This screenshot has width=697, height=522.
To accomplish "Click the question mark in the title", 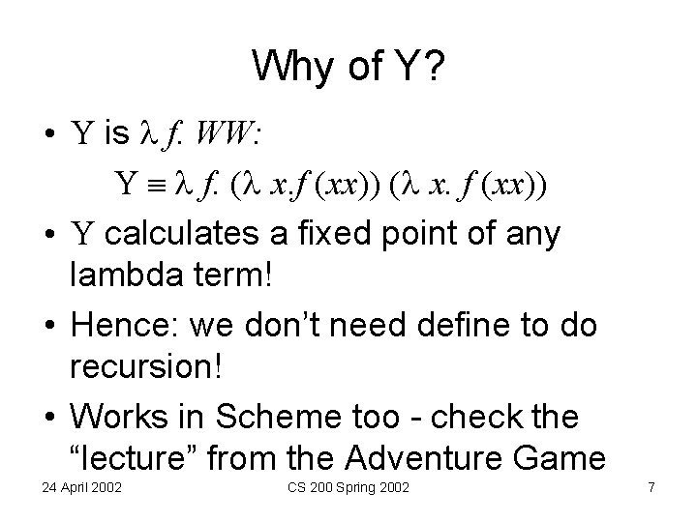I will point(435,67).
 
